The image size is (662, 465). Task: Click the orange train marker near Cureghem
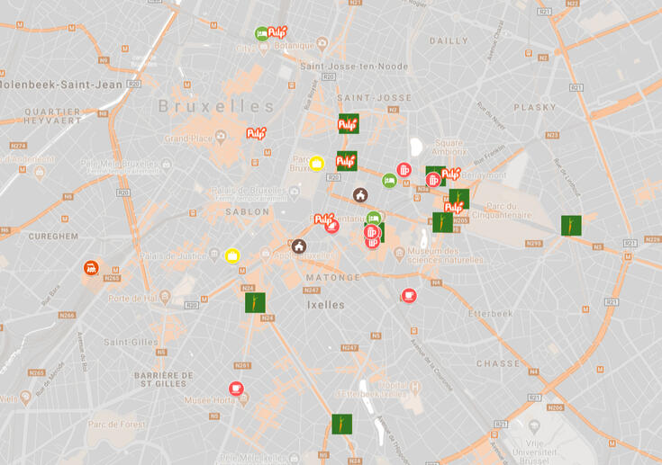[91, 268]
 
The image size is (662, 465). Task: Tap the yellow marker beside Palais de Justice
[231, 256]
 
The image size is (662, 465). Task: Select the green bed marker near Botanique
[262, 33]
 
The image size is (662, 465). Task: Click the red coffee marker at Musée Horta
[236, 389]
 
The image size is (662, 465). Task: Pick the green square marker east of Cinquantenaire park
[571, 226]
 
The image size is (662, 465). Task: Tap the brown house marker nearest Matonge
[299, 246]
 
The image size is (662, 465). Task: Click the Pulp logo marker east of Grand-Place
[257, 133]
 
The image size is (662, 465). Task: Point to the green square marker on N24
[255, 302]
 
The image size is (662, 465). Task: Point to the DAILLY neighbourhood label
[449, 40]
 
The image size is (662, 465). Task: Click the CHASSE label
[498, 363]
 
